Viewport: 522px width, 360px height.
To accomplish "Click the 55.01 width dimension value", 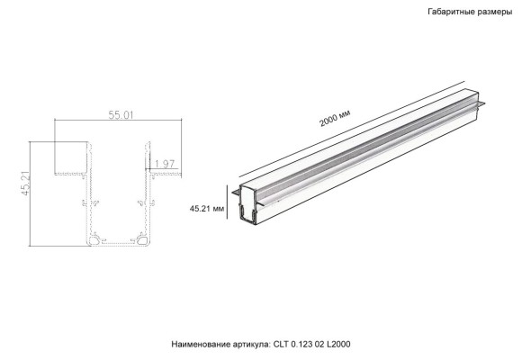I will (121, 115).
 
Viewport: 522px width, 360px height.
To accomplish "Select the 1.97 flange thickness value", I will (165, 163).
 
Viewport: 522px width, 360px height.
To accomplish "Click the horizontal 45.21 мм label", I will (207, 208).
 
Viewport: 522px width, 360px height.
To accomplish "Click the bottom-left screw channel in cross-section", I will (94, 240).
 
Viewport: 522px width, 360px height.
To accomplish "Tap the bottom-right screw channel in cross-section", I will (142, 240).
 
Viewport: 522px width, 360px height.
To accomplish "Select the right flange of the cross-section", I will (163, 174).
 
